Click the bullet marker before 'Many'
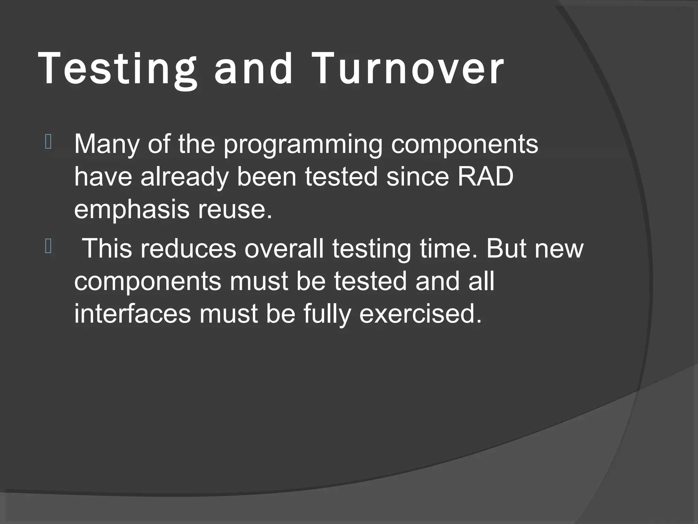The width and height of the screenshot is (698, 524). [x=48, y=143]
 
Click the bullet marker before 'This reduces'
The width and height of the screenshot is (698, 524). [x=48, y=247]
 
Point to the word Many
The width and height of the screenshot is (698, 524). [x=106, y=145]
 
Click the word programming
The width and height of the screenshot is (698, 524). [x=303, y=145]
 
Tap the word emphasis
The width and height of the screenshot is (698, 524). [x=132, y=209]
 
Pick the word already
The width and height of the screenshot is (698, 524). [x=184, y=178]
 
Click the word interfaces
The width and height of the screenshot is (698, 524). [x=133, y=314]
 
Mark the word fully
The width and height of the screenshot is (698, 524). [x=327, y=314]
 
